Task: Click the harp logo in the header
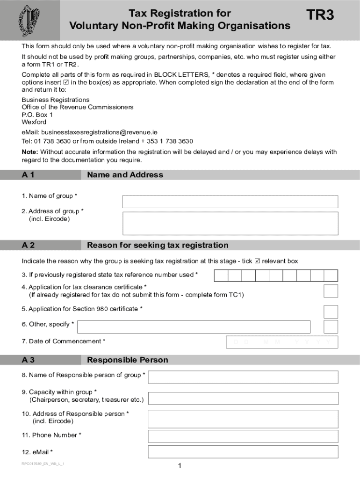point(29,20)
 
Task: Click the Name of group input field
point(230,202)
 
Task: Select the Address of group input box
point(230,223)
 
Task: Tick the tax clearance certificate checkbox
point(331,291)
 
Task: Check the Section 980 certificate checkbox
point(331,312)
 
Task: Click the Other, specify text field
point(194,327)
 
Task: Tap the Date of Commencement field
point(282,342)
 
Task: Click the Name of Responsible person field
point(243,377)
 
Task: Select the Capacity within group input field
point(243,398)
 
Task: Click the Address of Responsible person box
point(243,419)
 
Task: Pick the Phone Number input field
point(243,436)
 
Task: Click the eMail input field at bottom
point(243,452)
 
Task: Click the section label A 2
point(28,245)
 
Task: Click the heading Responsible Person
point(127,360)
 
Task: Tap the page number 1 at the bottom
point(180,465)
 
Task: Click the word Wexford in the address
point(34,122)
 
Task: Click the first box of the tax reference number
point(221,276)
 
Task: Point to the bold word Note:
point(30,152)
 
